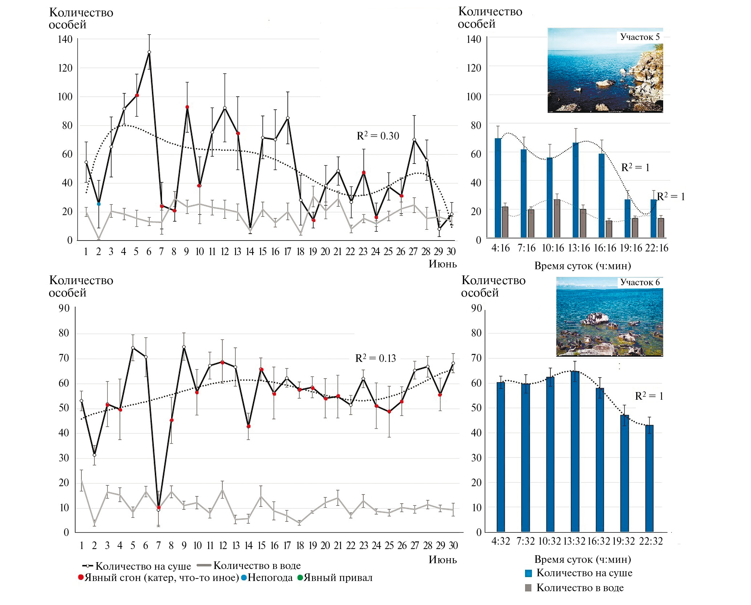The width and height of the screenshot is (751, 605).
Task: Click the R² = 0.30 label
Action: [378, 136]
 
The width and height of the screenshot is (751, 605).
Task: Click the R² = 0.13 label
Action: [375, 358]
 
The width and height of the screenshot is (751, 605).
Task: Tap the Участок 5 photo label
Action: [640, 37]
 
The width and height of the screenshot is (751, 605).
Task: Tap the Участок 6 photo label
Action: [640, 282]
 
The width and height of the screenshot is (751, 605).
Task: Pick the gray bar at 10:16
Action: [557, 218]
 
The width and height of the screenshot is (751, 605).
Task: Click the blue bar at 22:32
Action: [649, 478]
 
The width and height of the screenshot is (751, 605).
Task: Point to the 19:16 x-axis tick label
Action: [631, 248]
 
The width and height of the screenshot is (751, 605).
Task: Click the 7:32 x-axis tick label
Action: [525, 541]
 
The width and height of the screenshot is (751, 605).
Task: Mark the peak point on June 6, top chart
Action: [149, 52]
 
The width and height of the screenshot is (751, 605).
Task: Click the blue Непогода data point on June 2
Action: [99, 204]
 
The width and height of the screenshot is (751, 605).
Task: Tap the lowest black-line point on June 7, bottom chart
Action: [158, 510]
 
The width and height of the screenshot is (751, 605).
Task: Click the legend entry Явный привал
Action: [335, 578]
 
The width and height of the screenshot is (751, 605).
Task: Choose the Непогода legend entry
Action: [267, 578]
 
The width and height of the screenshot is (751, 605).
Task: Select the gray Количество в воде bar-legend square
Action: [528, 588]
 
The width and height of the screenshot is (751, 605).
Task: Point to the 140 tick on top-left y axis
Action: [65, 39]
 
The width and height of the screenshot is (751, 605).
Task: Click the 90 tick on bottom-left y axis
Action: [64, 308]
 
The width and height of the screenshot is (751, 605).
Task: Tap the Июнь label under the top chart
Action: [443, 264]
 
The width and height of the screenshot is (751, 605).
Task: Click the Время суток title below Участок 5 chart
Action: [582, 266]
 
